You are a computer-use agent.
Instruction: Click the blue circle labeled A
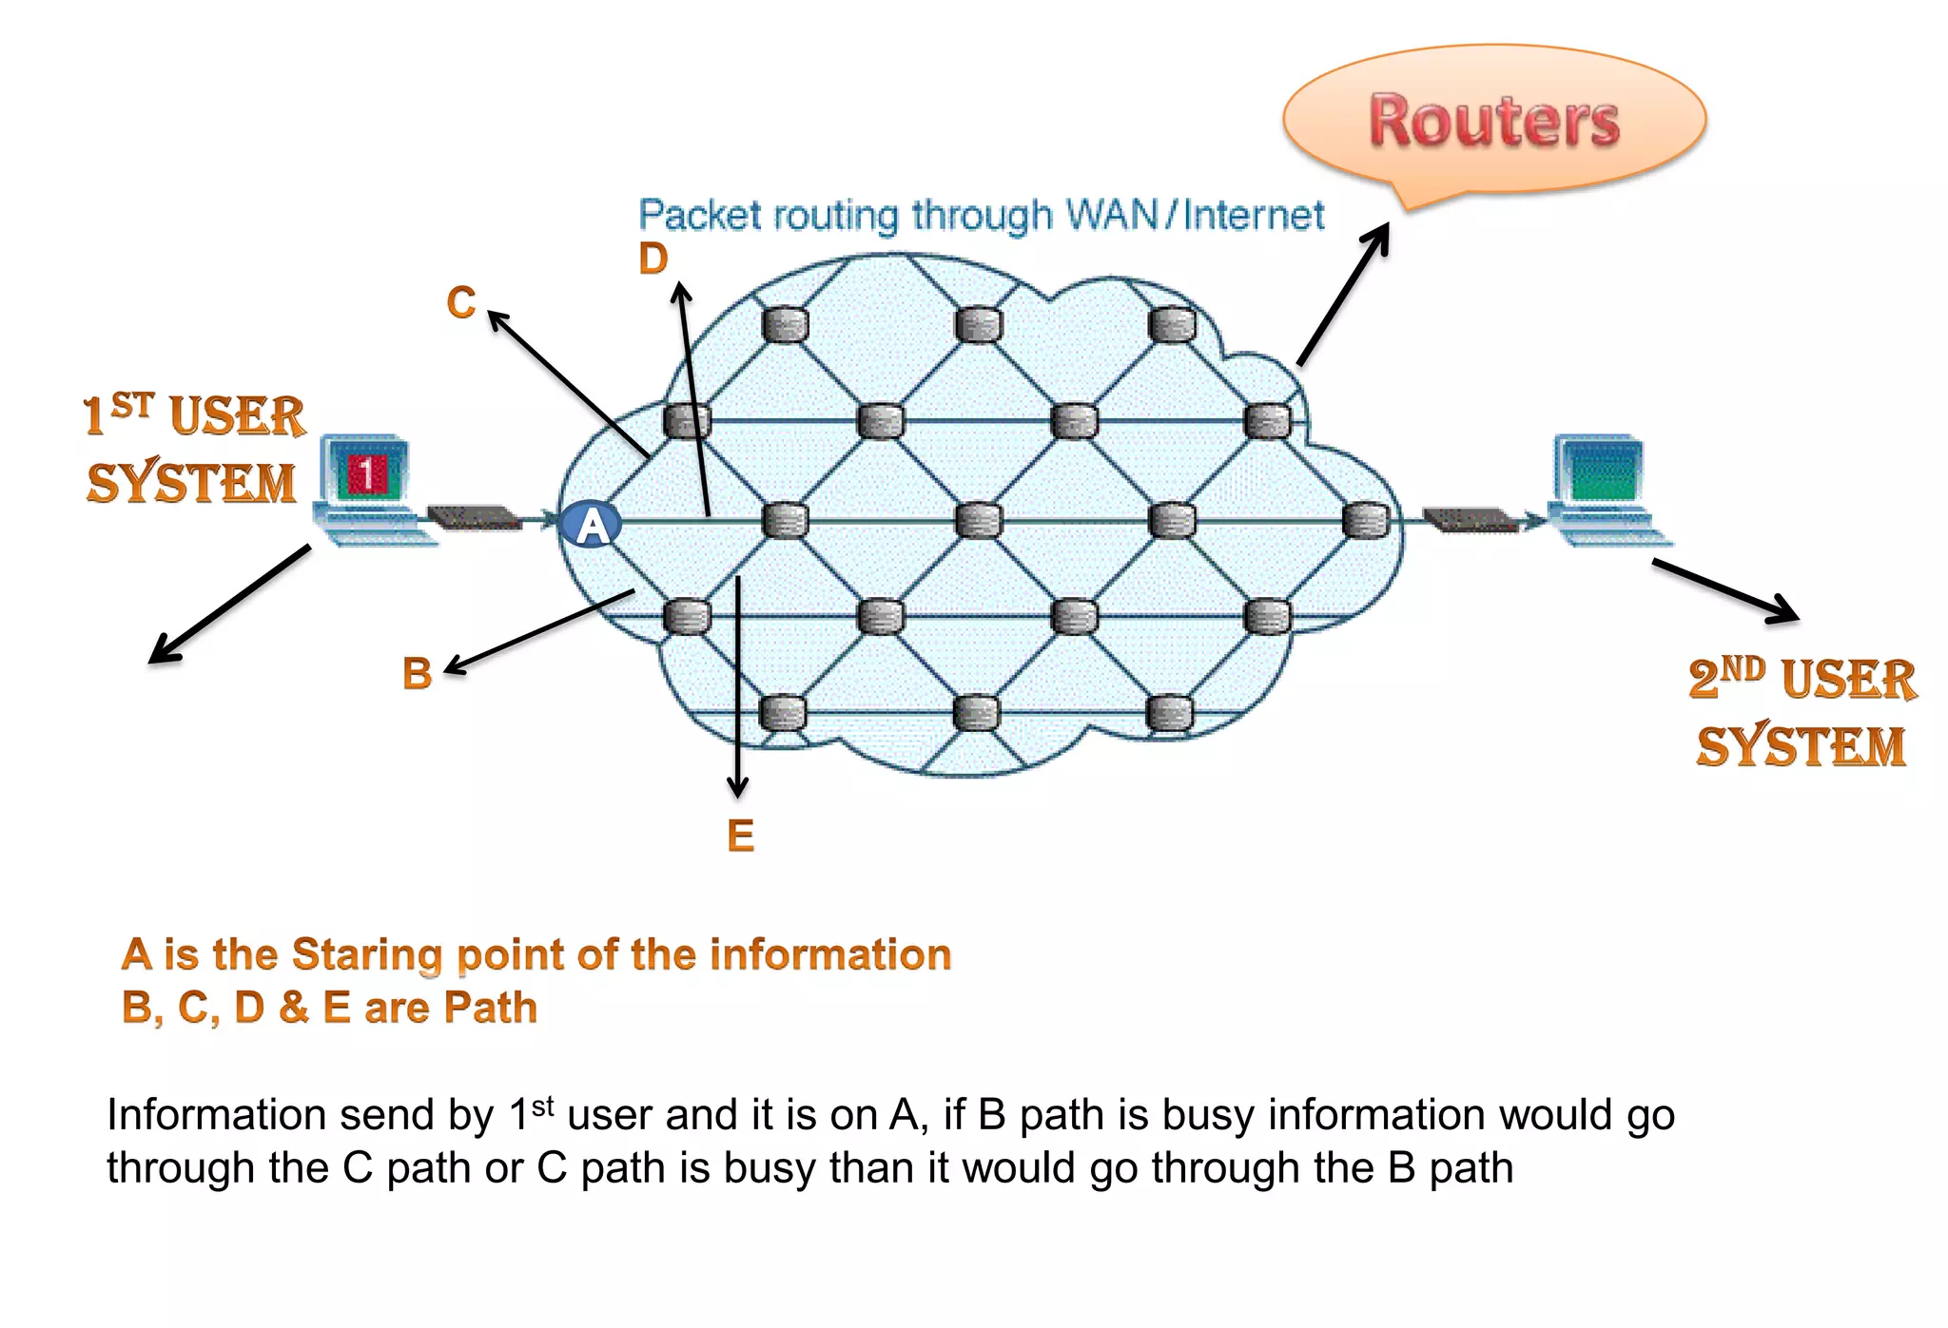point(591,525)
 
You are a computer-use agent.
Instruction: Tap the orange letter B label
point(417,674)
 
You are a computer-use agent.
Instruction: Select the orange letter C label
point(461,303)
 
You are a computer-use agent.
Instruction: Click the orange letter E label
point(740,837)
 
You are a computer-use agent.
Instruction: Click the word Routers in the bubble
point(1493,122)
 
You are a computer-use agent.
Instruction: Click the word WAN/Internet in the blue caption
point(1195,215)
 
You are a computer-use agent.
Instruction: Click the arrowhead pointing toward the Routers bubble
point(1380,235)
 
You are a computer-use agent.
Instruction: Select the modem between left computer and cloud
point(473,518)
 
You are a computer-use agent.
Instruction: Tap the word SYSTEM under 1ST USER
point(191,483)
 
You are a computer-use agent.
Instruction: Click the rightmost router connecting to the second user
point(1365,521)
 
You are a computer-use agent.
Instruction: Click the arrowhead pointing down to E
point(737,788)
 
